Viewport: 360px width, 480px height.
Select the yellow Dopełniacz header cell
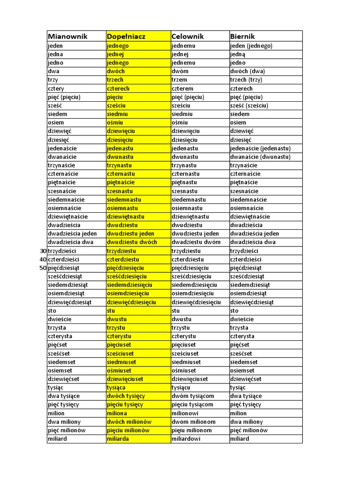coord(127,37)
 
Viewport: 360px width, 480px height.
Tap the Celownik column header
coord(187,37)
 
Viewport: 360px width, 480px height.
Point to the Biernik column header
coord(242,37)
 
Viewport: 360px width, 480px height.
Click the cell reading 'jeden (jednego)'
coord(251,46)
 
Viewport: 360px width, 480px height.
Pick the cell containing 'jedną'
coord(238,54)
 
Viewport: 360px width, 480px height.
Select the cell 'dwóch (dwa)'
coord(247,72)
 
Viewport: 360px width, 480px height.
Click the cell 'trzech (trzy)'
coord(246,80)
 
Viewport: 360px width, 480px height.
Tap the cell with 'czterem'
coord(182,89)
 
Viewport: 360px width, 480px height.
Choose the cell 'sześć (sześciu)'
coord(249,105)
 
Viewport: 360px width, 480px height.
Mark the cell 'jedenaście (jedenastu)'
coord(260,148)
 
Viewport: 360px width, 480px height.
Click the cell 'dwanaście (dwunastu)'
coord(260,157)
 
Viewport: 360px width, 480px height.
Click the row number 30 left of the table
coord(44,251)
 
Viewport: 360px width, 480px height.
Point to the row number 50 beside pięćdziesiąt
coord(44,268)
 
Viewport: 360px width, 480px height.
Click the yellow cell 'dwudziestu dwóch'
coord(132,242)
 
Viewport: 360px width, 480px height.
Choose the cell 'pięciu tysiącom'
coord(193,405)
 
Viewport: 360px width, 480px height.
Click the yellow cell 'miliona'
coord(117,413)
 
